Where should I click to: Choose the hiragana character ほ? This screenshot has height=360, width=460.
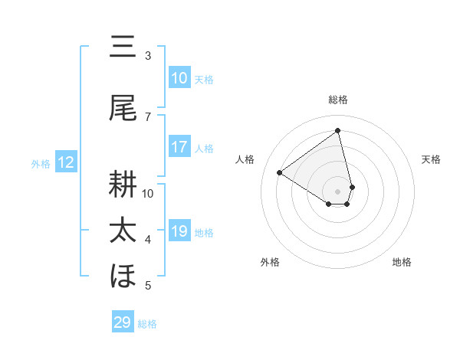(123, 276)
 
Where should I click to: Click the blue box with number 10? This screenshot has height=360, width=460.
(179, 78)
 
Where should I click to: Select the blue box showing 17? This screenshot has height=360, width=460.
(179, 147)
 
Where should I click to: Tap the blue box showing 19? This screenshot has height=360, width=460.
(179, 231)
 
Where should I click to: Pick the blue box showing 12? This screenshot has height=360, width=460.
(66, 162)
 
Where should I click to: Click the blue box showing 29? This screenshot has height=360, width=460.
(123, 322)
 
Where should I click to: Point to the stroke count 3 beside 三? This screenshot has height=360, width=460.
(148, 56)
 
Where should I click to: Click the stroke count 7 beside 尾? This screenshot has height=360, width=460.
(148, 116)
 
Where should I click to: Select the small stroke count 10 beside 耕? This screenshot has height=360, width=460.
(148, 193)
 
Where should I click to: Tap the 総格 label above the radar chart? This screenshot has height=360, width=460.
(338, 100)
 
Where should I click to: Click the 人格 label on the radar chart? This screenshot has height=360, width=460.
(245, 159)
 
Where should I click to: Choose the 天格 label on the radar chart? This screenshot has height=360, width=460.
(431, 159)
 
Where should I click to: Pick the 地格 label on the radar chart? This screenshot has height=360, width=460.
(402, 262)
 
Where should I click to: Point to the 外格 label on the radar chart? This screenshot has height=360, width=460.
(270, 262)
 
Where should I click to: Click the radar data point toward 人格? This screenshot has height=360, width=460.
(280, 172)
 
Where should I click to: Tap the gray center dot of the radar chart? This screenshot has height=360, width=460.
(338, 191)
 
